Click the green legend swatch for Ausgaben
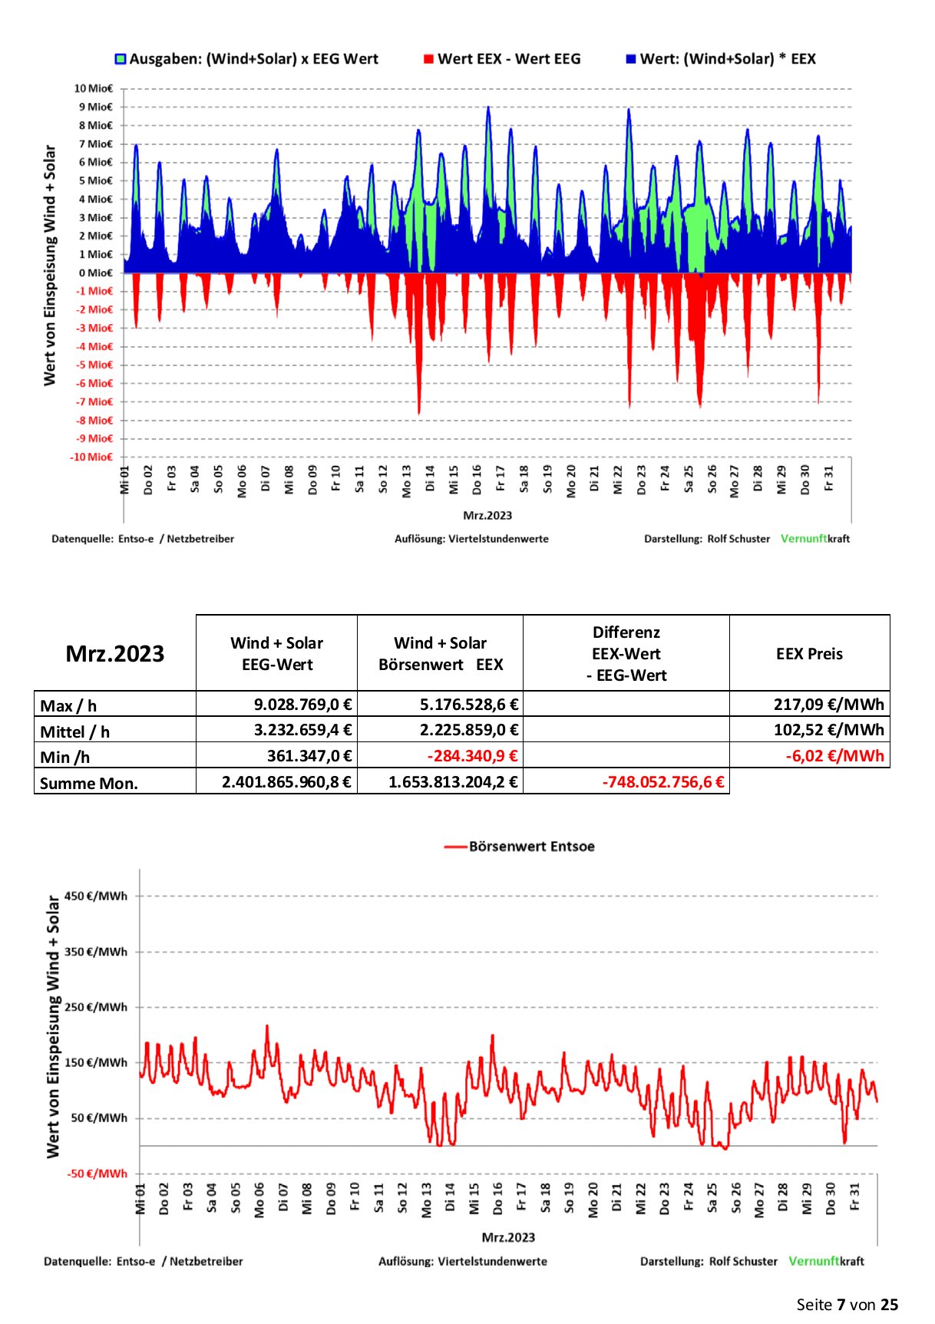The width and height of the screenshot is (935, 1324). (x=121, y=59)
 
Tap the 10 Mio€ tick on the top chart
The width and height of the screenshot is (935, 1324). (x=93, y=88)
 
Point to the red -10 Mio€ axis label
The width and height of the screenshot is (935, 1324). (x=91, y=457)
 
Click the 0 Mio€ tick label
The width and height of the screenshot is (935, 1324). (x=95, y=272)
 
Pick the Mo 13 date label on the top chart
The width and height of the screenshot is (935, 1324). (x=406, y=481)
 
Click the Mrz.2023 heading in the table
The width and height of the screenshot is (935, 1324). (x=115, y=653)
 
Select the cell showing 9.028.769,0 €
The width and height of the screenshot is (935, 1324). (x=302, y=704)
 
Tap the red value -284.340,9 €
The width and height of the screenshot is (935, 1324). (x=472, y=756)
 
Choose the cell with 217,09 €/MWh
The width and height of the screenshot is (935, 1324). (x=828, y=704)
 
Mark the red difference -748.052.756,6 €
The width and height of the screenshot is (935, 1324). (x=663, y=782)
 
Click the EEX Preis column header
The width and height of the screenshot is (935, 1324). (x=809, y=654)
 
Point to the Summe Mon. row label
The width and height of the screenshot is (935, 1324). (x=89, y=784)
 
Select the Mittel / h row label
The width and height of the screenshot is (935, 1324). (x=75, y=731)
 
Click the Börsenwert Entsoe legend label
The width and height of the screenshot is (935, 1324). (x=531, y=847)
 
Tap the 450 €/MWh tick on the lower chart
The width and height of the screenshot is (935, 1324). (x=96, y=896)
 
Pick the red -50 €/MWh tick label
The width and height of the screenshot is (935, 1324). (x=97, y=1174)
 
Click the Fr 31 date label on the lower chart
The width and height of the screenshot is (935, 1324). (x=854, y=1197)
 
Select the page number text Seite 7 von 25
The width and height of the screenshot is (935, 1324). (x=847, y=1305)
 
